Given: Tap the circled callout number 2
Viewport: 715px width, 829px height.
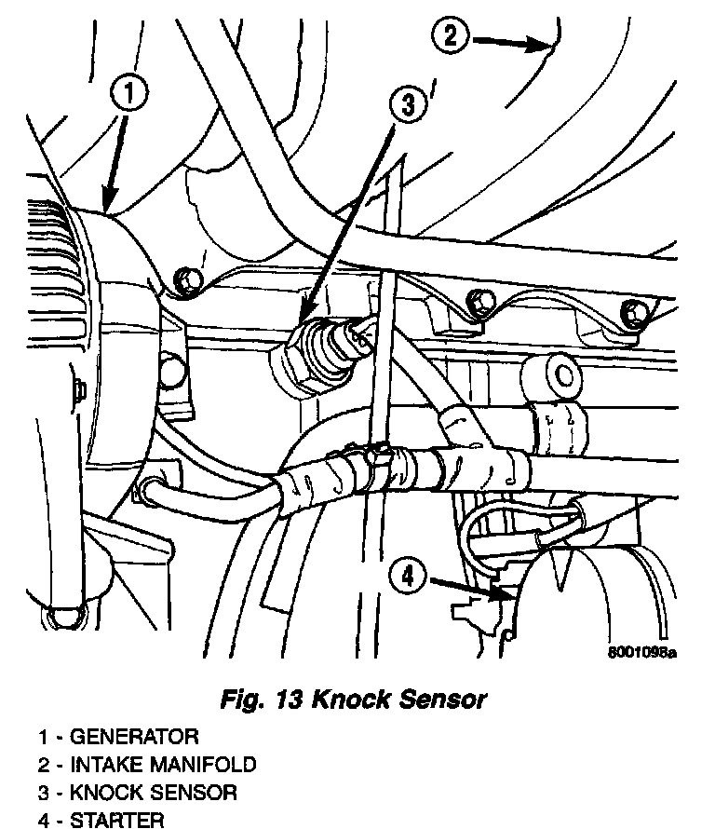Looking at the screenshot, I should [451, 37].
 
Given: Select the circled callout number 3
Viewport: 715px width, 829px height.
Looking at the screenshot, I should [410, 105].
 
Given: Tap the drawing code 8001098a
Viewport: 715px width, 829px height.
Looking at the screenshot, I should [639, 652].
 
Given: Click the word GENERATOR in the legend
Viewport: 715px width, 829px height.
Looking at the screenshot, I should [135, 738].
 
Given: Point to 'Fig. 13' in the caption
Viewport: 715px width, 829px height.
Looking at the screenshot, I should [254, 699].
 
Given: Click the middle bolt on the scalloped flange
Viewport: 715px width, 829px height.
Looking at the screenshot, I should [479, 300].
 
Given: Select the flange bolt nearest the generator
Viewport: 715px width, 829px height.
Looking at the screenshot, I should [186, 277].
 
